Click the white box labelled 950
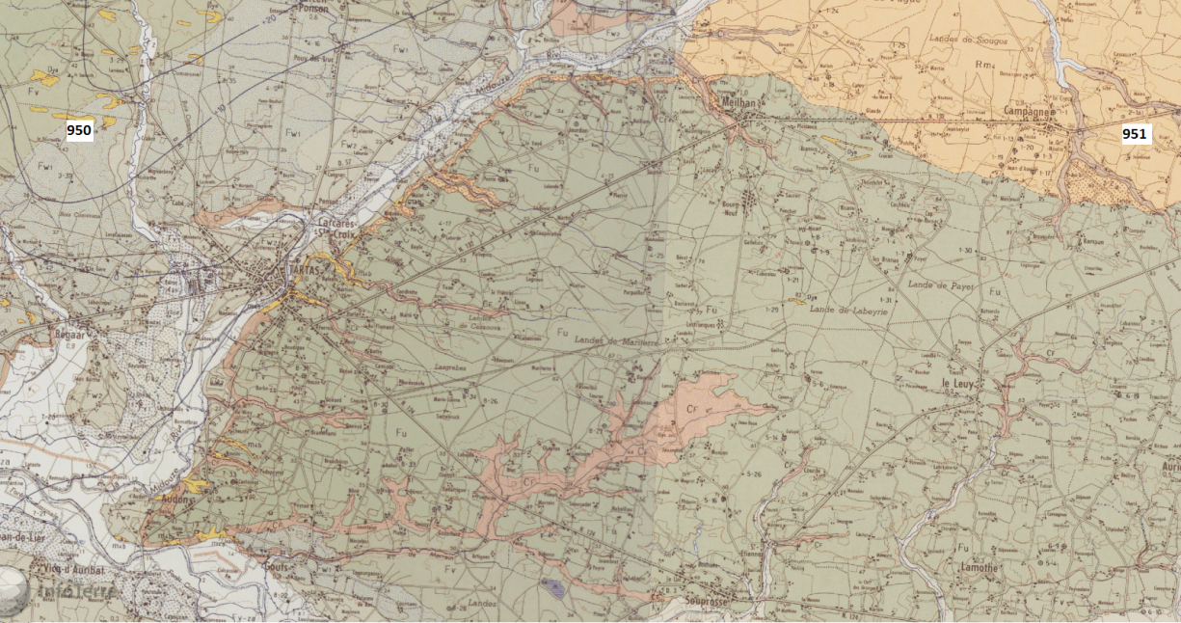[x=79, y=130]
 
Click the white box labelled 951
[x=1135, y=134]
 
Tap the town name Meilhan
[x=740, y=101]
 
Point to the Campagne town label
[x=1025, y=111]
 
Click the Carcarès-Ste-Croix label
[x=337, y=228]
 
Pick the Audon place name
[x=178, y=501]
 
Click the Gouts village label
[x=277, y=567]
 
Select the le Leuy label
[x=956, y=384]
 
